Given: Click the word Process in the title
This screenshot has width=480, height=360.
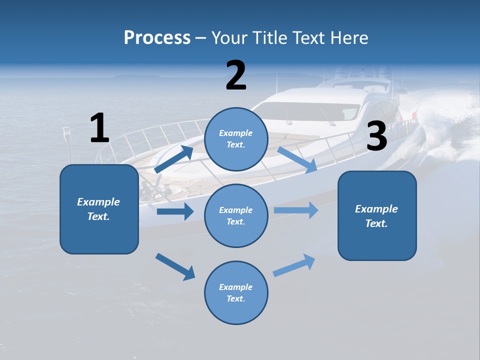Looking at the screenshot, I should [x=157, y=38].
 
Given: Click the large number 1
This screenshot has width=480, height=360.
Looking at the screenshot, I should [x=99, y=128].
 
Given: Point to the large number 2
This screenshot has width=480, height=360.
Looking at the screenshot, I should [x=236, y=75].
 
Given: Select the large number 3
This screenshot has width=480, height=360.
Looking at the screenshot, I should [x=376, y=136].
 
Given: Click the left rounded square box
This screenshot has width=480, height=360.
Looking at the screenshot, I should [x=99, y=209].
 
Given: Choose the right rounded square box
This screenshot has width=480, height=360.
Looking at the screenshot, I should [x=377, y=215].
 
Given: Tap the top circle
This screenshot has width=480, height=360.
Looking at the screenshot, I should [x=236, y=139].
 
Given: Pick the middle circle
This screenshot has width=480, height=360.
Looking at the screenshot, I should [x=236, y=215].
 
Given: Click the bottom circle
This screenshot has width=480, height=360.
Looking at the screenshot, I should [x=236, y=292].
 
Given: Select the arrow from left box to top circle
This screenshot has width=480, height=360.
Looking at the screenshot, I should [x=174, y=159].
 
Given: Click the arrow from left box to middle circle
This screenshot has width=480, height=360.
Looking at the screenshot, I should [x=175, y=211].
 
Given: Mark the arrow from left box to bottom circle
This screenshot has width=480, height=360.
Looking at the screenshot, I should [x=175, y=266].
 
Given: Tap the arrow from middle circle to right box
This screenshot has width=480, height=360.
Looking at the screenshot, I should [x=296, y=210].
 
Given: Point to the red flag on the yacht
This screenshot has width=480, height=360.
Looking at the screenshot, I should [x=414, y=116].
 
